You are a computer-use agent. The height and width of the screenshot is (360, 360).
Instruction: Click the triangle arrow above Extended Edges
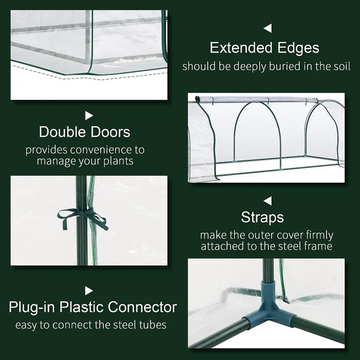pyautogui.click(x=267, y=28)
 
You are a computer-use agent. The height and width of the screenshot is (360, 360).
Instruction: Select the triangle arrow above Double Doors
pyautogui.click(x=89, y=115)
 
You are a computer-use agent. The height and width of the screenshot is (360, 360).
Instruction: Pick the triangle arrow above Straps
pyautogui.click(x=267, y=200)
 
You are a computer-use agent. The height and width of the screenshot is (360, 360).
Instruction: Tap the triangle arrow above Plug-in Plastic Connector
pyautogui.click(x=89, y=291)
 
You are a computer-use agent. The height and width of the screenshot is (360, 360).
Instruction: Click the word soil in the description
pyautogui.click(x=340, y=67)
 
